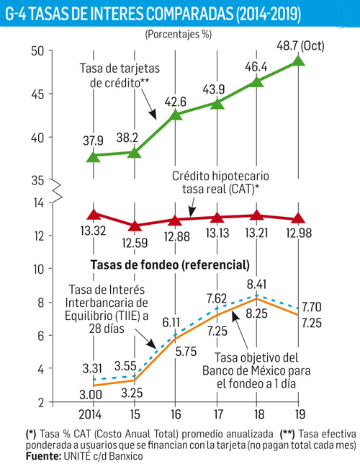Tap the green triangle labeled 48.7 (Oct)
300,61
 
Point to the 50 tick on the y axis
37,50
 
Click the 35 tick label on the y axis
37,181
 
